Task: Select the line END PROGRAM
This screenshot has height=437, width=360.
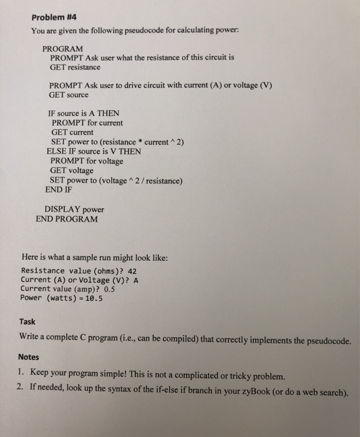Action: click(67, 219)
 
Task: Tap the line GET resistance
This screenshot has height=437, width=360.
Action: click(75, 67)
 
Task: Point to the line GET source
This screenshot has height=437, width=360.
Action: click(69, 95)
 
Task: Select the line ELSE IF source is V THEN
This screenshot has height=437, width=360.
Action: click(94, 151)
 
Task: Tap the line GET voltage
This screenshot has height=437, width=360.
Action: click(72, 170)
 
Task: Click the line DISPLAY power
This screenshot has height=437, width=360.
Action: click(74, 209)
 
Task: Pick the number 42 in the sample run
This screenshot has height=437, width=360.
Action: click(132, 271)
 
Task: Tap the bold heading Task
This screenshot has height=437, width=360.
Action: click(27, 322)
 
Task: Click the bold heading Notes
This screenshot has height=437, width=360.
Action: click(29, 357)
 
